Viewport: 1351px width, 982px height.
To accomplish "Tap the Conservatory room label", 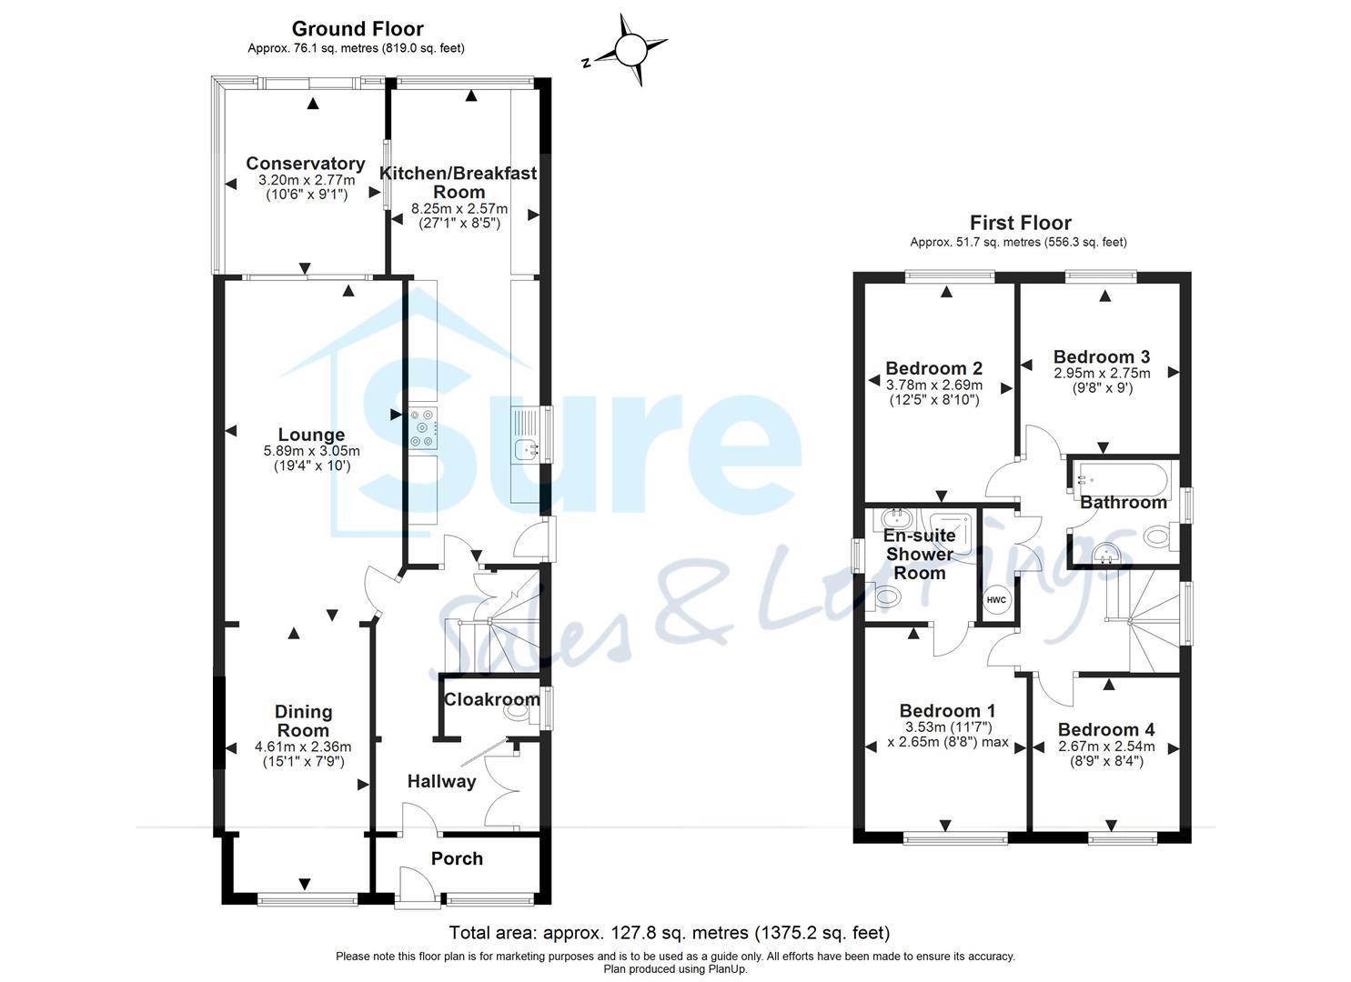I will coord(306,164).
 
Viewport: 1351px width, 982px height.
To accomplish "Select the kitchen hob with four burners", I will coord(423,427).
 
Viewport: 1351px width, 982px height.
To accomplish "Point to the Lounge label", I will coord(311,436).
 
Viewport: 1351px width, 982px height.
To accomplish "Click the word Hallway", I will coord(441,781).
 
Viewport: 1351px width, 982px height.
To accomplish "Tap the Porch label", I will coord(457,858).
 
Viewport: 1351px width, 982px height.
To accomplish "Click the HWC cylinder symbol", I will coord(996,600).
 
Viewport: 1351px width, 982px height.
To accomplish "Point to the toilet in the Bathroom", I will coord(1157,536).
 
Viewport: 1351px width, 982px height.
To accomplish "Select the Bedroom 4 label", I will coord(1106,729).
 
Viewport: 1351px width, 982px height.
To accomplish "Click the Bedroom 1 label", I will coord(947,711).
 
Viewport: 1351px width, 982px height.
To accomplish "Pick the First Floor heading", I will coord(1020,223).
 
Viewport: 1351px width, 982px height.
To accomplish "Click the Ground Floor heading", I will coord(358,29).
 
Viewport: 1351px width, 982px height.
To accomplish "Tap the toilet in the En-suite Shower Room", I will coord(887,597).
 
